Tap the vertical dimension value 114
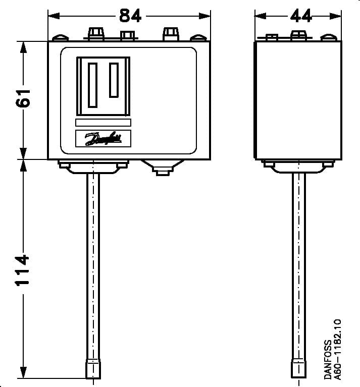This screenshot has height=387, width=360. (x=23, y=269)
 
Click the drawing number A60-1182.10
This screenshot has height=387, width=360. (x=338, y=349)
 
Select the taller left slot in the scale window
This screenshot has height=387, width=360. (x=92, y=85)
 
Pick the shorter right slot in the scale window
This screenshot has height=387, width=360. (x=114, y=80)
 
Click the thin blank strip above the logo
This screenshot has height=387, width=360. (x=103, y=123)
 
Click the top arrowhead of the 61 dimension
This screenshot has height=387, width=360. (x=23, y=46)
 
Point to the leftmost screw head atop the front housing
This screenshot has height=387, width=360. (x=59, y=37)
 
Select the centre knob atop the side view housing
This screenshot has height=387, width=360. (x=298, y=34)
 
